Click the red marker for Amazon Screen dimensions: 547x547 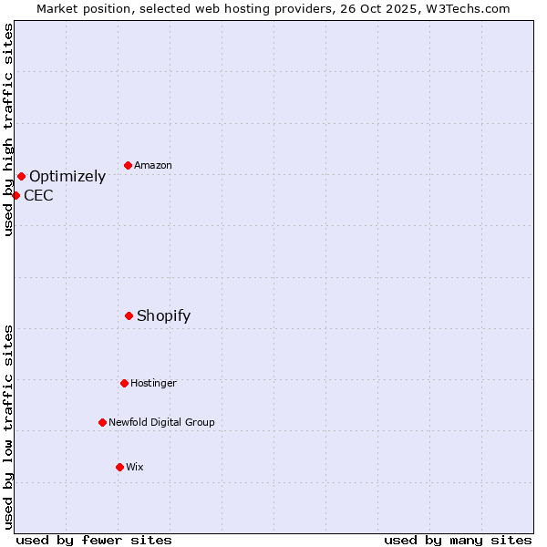coord(128,166)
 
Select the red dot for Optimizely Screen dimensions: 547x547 coord(21,176)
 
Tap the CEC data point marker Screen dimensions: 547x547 coord(15,195)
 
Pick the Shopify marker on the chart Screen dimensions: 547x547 coord(129,315)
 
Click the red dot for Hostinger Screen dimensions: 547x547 coord(124,383)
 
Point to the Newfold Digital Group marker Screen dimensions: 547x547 coord(102,422)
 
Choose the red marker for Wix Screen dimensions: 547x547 coord(119,467)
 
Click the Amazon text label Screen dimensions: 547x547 coord(153,166)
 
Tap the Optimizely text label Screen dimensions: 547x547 coord(67,177)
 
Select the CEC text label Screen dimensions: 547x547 coord(38,196)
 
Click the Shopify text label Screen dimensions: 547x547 coord(163,316)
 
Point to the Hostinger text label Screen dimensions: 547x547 coord(153,384)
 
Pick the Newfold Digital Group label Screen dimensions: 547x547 coord(161,423)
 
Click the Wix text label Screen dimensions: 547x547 coord(135,468)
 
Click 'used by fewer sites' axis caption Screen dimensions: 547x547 coord(94,541)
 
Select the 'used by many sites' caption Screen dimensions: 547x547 coord(458,541)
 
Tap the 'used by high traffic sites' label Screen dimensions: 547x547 coord(8,129)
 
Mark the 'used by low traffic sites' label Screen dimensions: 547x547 coord(8,427)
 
